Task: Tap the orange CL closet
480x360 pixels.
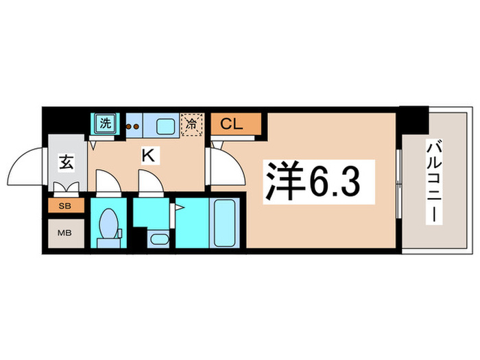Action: (x=236, y=125)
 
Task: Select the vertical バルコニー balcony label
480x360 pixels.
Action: (x=433, y=180)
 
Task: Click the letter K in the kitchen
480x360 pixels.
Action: (x=147, y=156)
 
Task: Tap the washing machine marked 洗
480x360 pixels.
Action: (x=105, y=124)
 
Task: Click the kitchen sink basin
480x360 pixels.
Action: (x=165, y=125)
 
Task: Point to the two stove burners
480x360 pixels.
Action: (x=132, y=125)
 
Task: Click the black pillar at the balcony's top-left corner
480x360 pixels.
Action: (x=414, y=120)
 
